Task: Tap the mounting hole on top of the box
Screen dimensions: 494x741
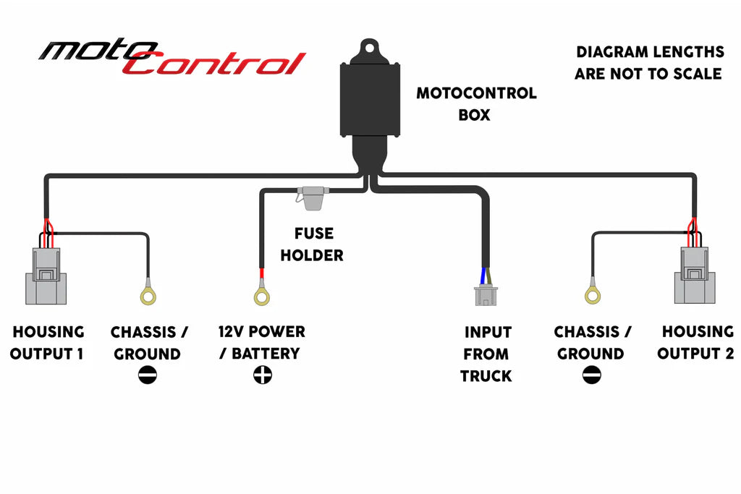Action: pyautogui.click(x=370, y=49)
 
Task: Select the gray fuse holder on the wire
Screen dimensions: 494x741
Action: pyautogui.click(x=313, y=198)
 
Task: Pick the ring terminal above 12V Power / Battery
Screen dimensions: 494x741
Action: pyautogui.click(x=262, y=295)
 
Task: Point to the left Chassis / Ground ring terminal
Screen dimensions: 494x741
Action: pyautogui.click(x=149, y=295)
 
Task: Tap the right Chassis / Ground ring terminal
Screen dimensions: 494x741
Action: pyautogui.click(x=593, y=294)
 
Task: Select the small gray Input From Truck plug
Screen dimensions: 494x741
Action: pyautogui.click(x=486, y=297)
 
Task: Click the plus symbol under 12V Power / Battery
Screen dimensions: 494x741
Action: pyautogui.click(x=262, y=375)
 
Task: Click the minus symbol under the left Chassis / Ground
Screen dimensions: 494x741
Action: pyautogui.click(x=147, y=375)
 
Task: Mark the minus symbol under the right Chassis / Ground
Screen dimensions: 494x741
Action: pyautogui.click(x=591, y=375)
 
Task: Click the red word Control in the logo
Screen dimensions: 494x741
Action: pyautogui.click(x=217, y=64)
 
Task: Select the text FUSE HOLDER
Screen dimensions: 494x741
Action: pyautogui.click(x=312, y=244)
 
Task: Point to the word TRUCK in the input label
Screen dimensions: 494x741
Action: pyautogui.click(x=486, y=376)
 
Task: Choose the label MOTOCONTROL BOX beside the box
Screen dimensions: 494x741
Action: pyautogui.click(x=476, y=103)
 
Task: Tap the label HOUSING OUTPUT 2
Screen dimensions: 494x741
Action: pyautogui.click(x=697, y=343)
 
